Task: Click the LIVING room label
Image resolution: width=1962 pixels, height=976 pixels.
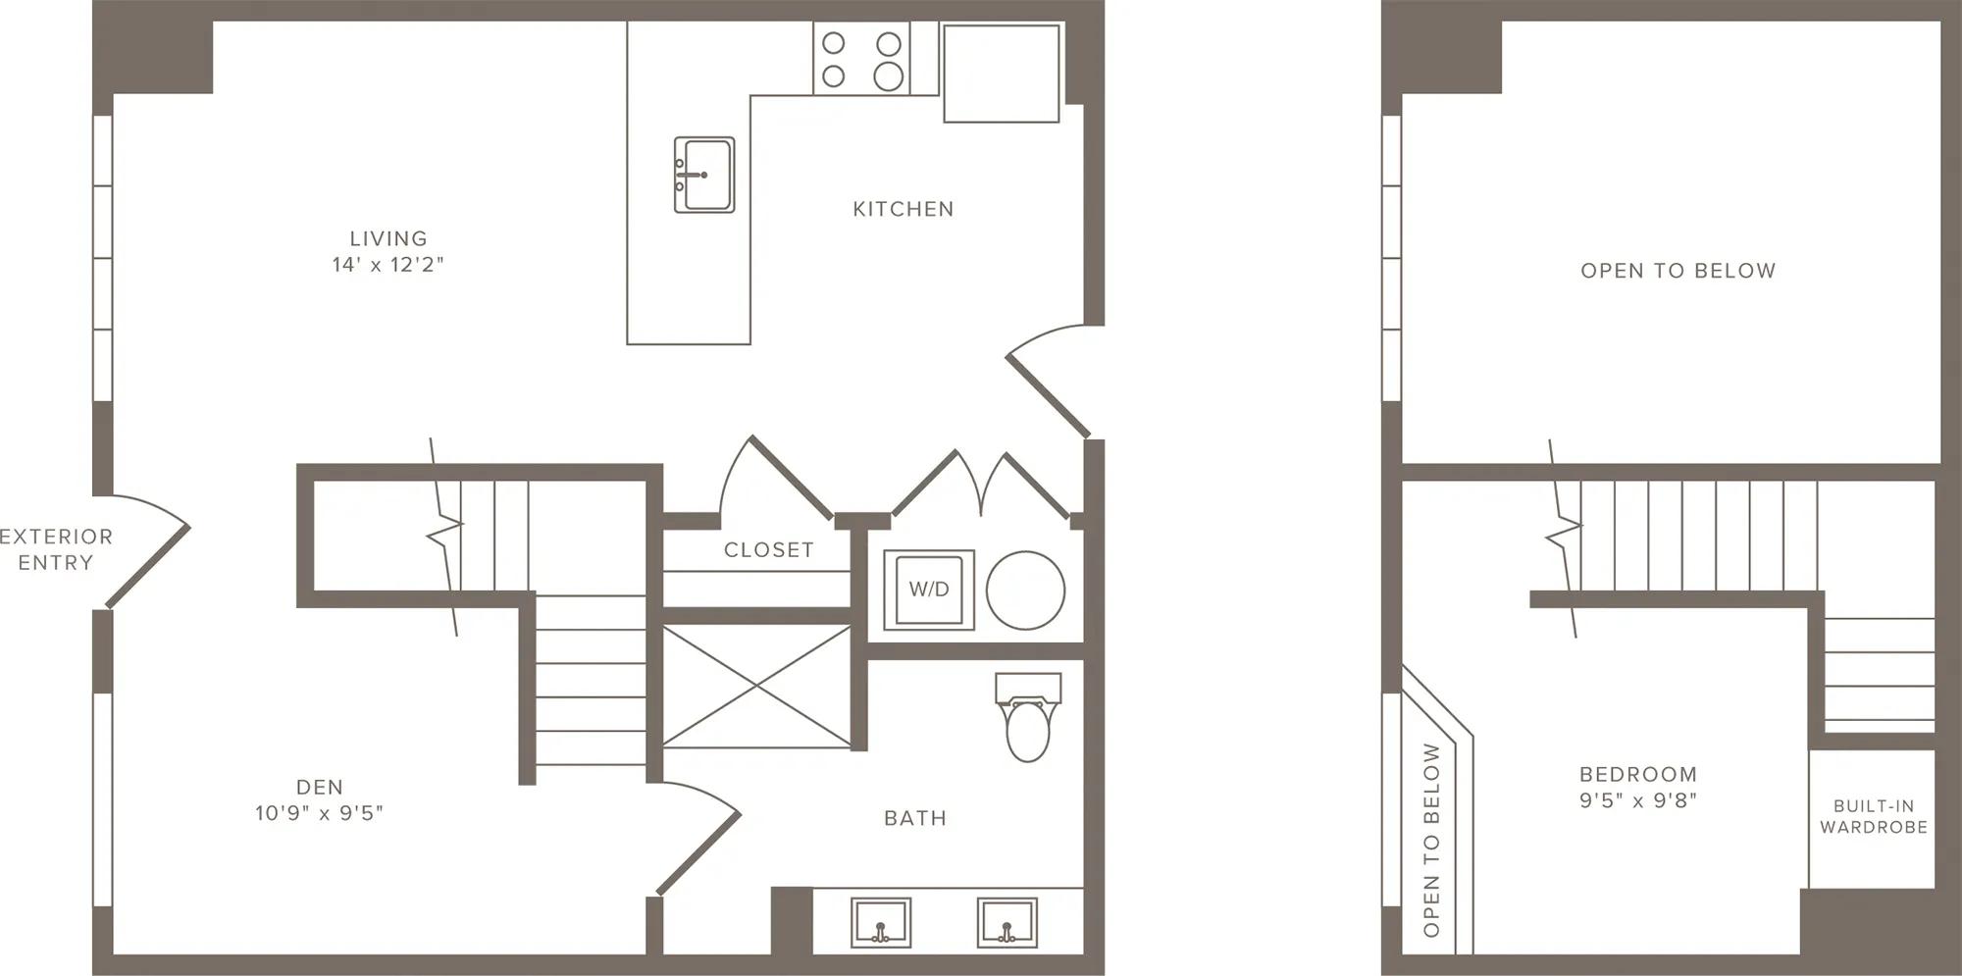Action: pos(388,238)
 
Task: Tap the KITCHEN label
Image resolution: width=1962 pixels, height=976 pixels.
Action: pos(903,209)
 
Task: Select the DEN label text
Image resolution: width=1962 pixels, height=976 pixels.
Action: pos(320,787)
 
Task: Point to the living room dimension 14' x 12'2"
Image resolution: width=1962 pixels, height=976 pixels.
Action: pos(388,264)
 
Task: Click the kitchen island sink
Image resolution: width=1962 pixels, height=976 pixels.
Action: pos(704,175)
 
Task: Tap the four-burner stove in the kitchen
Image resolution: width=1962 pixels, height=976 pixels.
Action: pos(861,59)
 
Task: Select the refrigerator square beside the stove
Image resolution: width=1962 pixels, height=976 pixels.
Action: pos(1001,74)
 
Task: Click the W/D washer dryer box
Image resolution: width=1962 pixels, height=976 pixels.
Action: pos(929,590)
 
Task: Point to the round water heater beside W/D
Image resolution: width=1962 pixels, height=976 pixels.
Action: pos(1025,591)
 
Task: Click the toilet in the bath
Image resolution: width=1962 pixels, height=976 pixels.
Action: pos(1028,716)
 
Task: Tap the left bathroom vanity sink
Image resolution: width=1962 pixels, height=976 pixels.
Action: pos(880,922)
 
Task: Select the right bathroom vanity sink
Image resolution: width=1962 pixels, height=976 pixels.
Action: pos(1007,922)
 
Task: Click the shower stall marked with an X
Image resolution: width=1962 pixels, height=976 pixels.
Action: pos(756,687)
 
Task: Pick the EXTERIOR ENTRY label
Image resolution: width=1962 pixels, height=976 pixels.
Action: pos(56,549)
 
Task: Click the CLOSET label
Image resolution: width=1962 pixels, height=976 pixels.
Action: pos(769,550)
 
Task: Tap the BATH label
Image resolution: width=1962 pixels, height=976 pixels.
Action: pos(915,818)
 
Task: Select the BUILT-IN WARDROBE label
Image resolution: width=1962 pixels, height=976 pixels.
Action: pos(1874,816)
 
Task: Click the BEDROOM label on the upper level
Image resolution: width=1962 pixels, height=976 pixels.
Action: pos(1638,774)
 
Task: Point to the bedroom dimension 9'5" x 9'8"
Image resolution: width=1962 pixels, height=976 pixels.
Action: pos(1638,800)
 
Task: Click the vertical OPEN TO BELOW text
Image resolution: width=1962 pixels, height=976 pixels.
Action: pos(1432,840)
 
